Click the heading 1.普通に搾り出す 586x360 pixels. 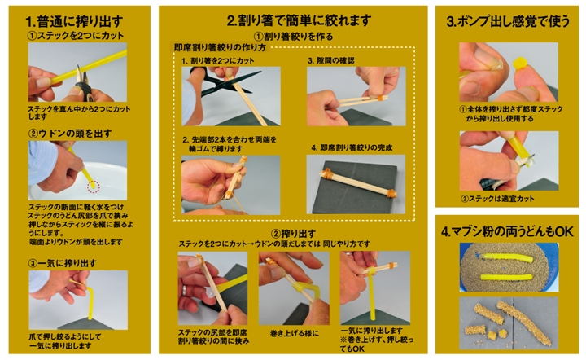(74, 22)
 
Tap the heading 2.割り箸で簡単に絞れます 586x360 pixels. (299, 20)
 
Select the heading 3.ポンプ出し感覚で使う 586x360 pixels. (508, 21)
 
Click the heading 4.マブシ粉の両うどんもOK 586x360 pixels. (507, 232)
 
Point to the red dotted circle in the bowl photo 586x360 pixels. (94, 186)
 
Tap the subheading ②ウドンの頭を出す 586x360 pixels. (70, 134)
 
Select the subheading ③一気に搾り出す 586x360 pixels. (63, 263)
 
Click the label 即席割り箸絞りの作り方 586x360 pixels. (220, 47)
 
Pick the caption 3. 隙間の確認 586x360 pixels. (330, 60)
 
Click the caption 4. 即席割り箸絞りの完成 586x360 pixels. (352, 147)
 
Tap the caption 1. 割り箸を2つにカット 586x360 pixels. (218, 60)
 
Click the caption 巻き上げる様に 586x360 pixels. (295, 333)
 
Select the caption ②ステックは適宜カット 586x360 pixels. (497, 199)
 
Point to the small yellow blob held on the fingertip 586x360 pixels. (519, 64)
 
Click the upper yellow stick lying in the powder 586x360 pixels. (505, 257)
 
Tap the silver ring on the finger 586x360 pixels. (184, 290)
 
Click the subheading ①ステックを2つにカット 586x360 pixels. (76, 36)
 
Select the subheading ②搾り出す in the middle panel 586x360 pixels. (293, 234)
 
